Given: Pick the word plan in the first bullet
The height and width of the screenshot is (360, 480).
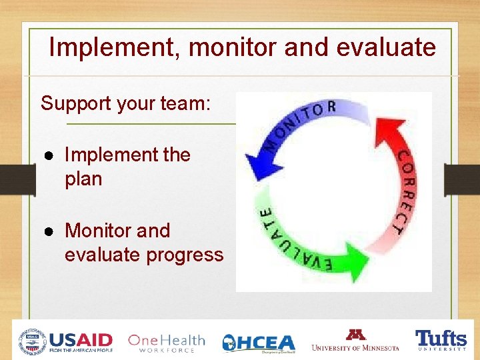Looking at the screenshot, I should [83, 179].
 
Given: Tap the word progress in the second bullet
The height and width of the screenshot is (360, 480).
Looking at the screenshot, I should [190, 255].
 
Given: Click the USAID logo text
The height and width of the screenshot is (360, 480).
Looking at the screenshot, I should [81, 341].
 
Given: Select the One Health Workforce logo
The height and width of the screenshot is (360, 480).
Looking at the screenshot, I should [166, 343].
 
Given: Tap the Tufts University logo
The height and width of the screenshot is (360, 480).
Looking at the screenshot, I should [441, 339].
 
